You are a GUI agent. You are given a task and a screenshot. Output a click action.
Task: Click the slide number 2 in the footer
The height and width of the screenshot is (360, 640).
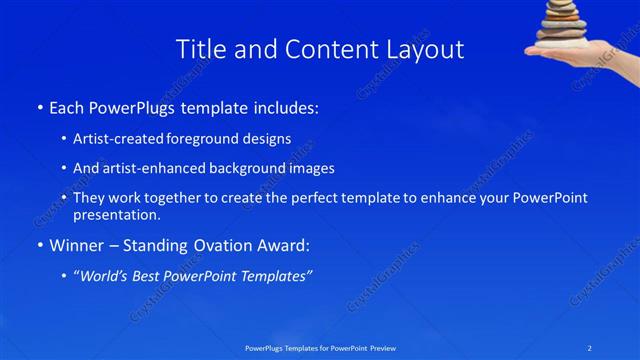click(x=590, y=347)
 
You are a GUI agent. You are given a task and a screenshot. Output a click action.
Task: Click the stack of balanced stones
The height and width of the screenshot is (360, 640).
click(x=565, y=22)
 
